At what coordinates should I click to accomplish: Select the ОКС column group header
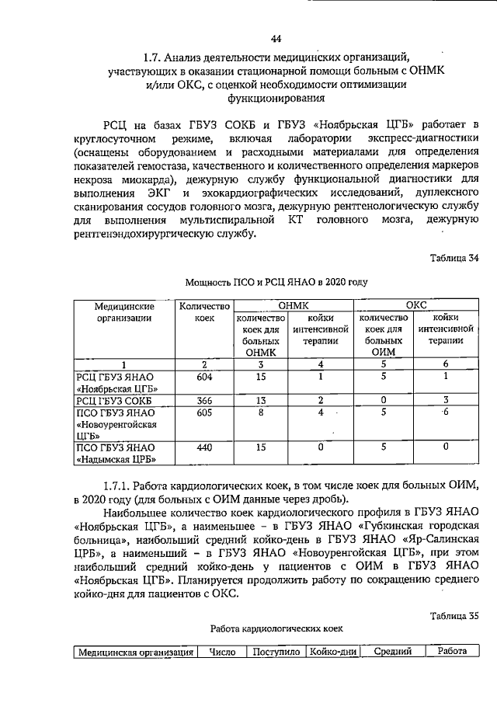(x=416, y=307)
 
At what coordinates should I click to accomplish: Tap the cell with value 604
(x=204, y=377)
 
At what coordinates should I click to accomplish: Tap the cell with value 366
(x=204, y=400)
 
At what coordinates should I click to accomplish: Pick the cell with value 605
(x=204, y=412)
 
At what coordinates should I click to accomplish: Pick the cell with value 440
(x=204, y=447)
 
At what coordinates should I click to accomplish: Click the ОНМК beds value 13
(x=262, y=400)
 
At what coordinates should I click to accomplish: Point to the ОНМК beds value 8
(x=262, y=412)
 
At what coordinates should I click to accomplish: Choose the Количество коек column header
(x=204, y=312)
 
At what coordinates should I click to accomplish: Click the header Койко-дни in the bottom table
(x=332, y=652)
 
